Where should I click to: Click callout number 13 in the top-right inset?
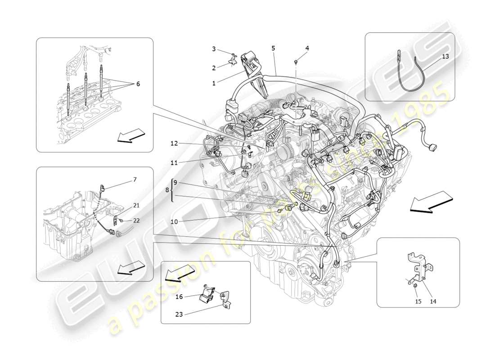click(445, 57)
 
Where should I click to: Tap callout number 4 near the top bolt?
click(214, 49)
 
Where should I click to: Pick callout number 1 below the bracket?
click(214, 83)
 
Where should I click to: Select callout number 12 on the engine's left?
click(175, 144)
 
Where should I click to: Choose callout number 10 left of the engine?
click(175, 221)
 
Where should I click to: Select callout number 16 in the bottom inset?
click(179, 297)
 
